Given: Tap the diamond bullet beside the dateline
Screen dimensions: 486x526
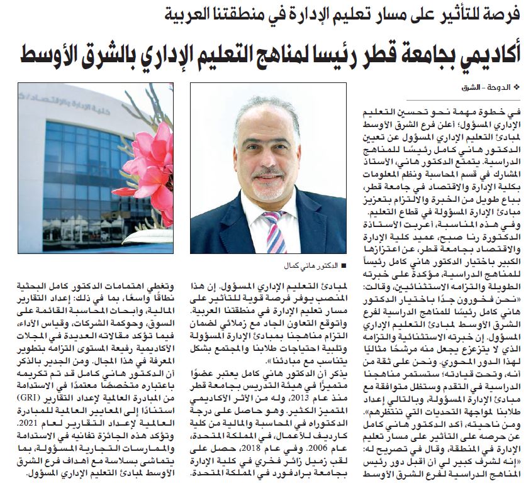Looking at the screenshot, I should click(518, 87).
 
